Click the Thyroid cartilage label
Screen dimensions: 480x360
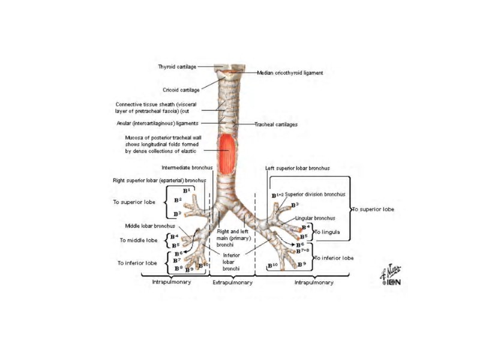(177, 67)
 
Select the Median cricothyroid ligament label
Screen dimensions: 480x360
(290, 73)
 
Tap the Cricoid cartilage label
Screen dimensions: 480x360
(181, 91)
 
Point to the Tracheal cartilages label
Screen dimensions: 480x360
(276, 125)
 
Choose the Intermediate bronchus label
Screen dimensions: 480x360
(185, 167)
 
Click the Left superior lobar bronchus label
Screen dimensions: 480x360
(297, 169)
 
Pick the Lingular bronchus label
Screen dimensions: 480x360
(315, 218)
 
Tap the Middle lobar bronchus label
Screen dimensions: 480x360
(150, 226)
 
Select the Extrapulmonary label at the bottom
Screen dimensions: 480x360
(232, 282)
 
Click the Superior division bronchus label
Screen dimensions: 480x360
(315, 194)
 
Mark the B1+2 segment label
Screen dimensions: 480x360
(277, 196)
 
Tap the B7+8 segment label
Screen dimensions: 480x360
(303, 251)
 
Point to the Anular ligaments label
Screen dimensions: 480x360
(157, 124)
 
